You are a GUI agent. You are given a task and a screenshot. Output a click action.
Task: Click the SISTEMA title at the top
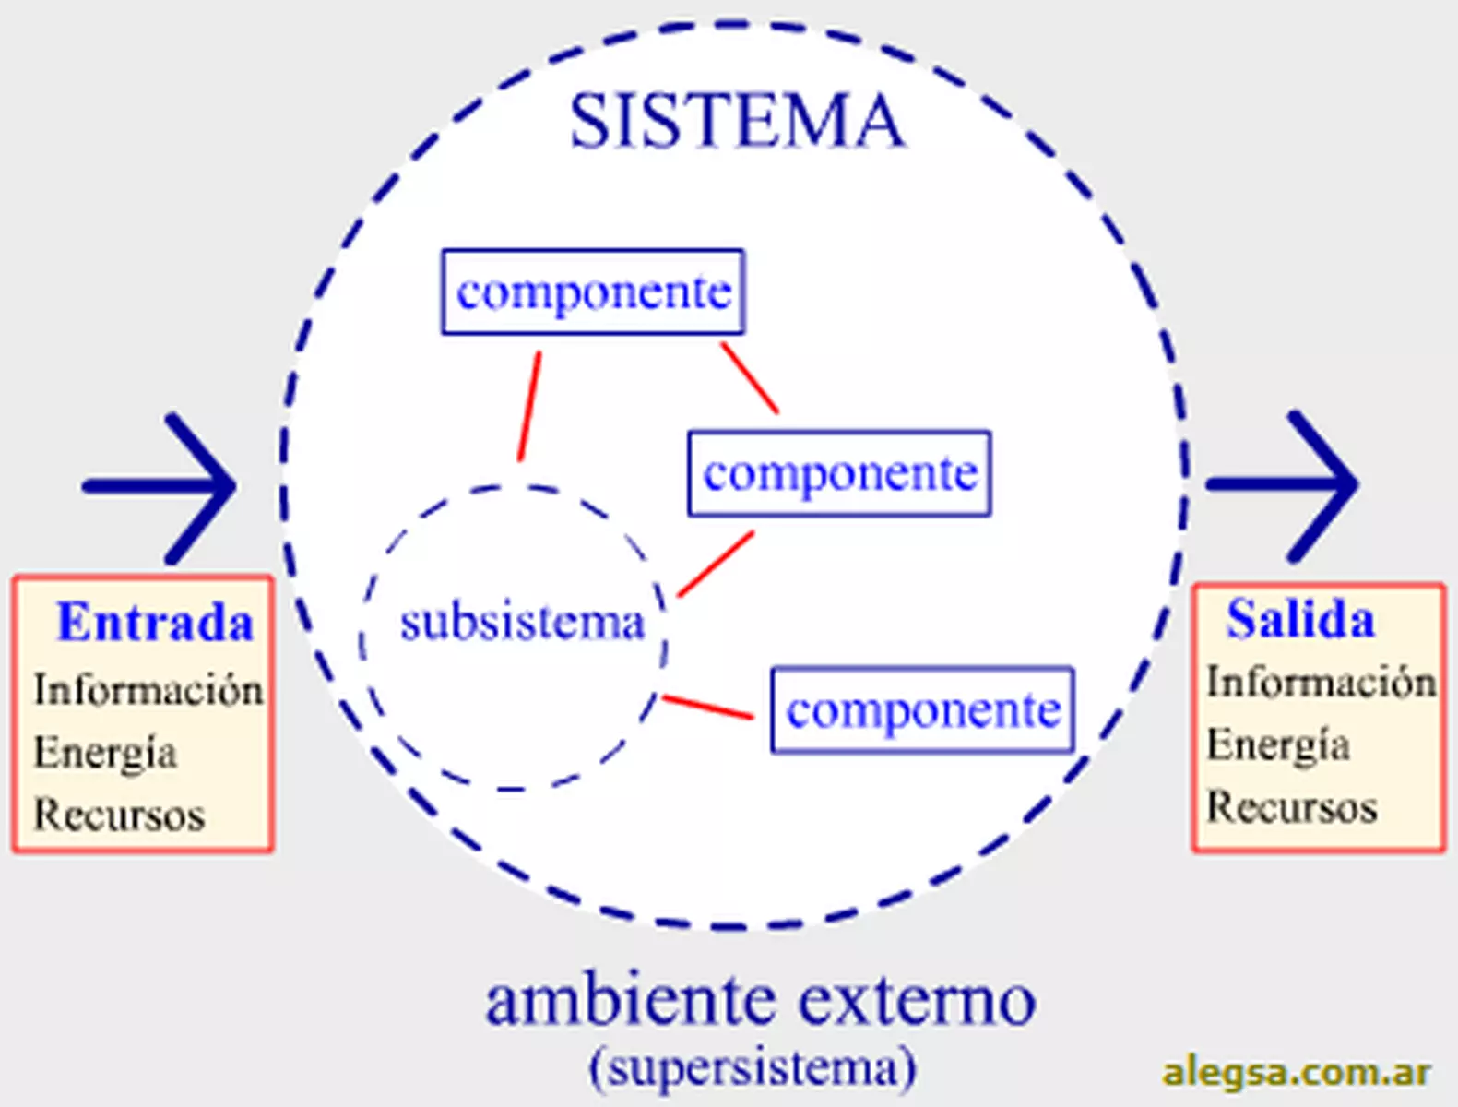tap(736, 121)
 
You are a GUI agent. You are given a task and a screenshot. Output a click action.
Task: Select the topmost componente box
tap(593, 292)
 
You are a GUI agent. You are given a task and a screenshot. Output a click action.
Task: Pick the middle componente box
tap(839, 473)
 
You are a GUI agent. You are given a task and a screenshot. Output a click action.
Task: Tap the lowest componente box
tap(922, 709)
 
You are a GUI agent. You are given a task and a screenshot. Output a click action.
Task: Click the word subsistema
tap(521, 622)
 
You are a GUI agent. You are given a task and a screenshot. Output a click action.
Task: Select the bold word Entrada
tap(154, 622)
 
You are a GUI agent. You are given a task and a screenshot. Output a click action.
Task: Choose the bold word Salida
tap(1299, 618)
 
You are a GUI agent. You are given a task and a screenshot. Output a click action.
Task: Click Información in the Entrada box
tap(148, 689)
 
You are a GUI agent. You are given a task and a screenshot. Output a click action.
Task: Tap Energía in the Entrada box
tap(104, 752)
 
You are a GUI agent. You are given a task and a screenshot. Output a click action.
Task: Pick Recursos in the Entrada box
tap(119, 815)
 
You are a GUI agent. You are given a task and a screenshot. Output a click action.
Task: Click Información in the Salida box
tap(1321, 682)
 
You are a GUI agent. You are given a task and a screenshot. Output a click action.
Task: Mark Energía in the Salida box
tap(1277, 744)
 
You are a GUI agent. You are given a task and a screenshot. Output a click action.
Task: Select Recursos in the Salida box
tap(1291, 806)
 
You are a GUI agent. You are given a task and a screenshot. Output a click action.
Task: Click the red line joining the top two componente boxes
tap(750, 378)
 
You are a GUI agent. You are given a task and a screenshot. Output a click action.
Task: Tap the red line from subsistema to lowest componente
tap(707, 707)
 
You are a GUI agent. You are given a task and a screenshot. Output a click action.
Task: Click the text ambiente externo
tap(760, 1001)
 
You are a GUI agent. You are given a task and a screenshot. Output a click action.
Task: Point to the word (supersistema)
tap(753, 1068)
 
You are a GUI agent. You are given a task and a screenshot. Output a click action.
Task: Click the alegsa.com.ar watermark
tap(1296, 1072)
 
